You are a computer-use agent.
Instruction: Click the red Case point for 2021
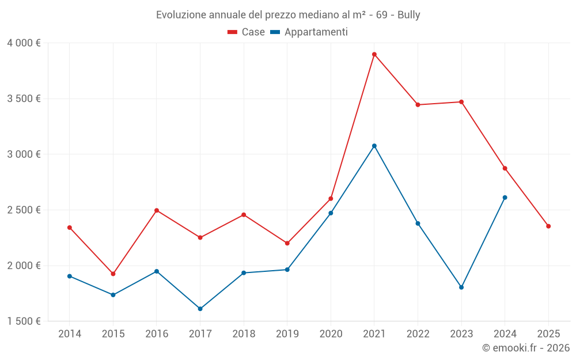(x=374, y=55)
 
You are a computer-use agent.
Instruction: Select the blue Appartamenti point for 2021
(x=374, y=146)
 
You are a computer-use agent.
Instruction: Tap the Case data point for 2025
(x=548, y=226)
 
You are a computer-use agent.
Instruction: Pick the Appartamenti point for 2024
(x=505, y=198)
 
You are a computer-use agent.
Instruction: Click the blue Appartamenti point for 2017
(x=200, y=309)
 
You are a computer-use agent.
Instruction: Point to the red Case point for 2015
(x=113, y=274)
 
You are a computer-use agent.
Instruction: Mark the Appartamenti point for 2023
(x=461, y=287)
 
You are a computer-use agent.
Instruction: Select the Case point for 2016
(x=157, y=210)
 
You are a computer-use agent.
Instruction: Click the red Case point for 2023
(x=461, y=102)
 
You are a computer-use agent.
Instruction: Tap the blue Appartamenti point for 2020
(x=331, y=213)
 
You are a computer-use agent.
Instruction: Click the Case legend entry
(x=247, y=32)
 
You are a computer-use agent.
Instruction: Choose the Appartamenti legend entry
(x=309, y=32)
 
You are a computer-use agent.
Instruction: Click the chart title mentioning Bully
(x=288, y=14)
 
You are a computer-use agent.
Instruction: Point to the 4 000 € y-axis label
(x=24, y=43)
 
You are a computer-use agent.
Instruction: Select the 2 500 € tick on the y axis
(x=24, y=210)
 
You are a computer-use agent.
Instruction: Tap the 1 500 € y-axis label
(x=24, y=321)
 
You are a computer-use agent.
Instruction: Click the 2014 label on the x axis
(x=70, y=334)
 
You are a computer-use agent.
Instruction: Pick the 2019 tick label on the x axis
(x=287, y=334)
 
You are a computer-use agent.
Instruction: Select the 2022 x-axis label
(x=418, y=334)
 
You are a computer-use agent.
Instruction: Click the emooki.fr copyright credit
(x=526, y=348)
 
